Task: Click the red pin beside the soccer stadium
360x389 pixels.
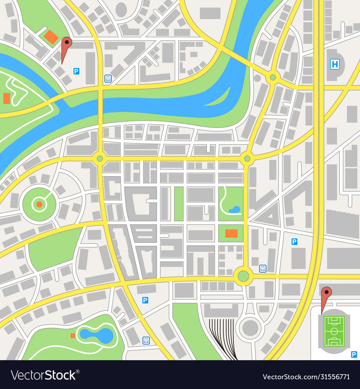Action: [x=326, y=294]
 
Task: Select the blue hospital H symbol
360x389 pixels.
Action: [x=335, y=64]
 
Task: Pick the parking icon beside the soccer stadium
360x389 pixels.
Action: [x=354, y=355]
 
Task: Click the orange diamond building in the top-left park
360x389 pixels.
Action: [x=51, y=37]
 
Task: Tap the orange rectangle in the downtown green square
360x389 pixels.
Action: [x=231, y=233]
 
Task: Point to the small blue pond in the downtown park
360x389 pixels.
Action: [x=234, y=209]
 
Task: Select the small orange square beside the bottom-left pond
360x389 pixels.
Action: [x=73, y=336]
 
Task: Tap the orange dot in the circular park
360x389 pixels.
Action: [x=39, y=205]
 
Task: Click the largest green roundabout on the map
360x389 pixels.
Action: [x=243, y=276]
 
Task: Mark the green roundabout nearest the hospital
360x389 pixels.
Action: [x=273, y=77]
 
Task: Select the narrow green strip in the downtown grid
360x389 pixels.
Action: [x=179, y=204]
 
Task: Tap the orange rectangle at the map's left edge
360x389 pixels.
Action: [x=6, y=98]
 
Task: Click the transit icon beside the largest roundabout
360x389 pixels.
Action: [x=263, y=268]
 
